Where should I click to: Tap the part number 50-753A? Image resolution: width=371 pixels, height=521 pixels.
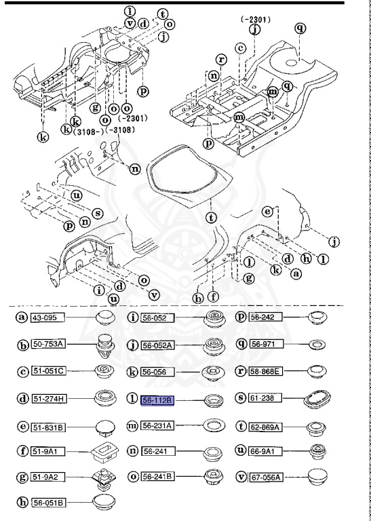pos(52,344)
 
